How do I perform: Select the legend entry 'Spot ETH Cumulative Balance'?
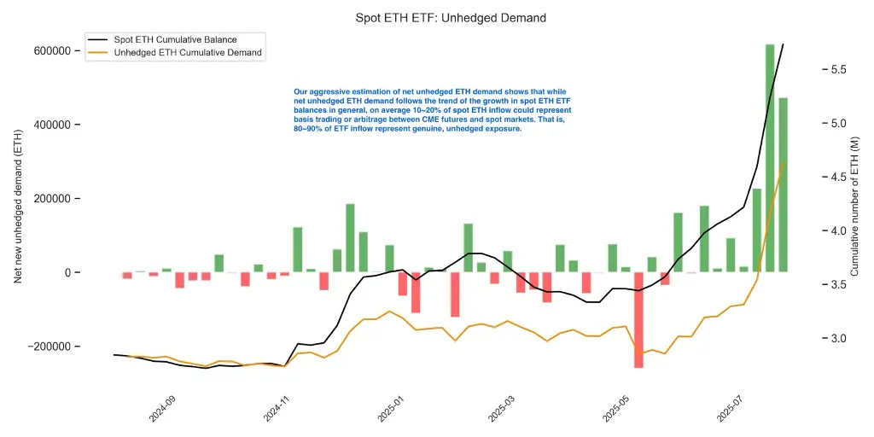click(x=175, y=39)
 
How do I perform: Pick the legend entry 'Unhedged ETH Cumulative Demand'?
click(x=188, y=53)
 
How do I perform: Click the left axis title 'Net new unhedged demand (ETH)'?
click(x=17, y=207)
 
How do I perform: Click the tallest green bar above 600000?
click(x=770, y=158)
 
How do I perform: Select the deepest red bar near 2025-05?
click(x=638, y=320)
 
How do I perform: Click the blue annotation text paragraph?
click(x=432, y=110)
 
